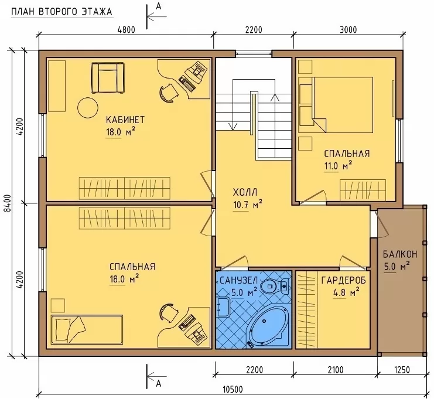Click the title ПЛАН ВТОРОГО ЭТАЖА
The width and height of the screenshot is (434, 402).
(x=61, y=12)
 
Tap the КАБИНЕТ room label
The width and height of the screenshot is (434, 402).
(x=125, y=120)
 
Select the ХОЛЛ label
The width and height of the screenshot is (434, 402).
(x=245, y=192)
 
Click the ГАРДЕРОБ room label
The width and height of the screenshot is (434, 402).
(x=343, y=280)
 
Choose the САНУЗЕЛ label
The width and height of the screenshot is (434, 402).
(x=238, y=280)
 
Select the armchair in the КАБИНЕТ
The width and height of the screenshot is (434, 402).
(x=108, y=78)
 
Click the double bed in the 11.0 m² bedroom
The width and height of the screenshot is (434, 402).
(x=336, y=105)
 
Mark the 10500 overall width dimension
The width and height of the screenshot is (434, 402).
(x=233, y=389)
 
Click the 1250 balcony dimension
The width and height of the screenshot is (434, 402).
(x=401, y=370)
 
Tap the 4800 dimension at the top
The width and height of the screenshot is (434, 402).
(x=126, y=29)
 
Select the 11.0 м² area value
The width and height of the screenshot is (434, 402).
(x=338, y=166)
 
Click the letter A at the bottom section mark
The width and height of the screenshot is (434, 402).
(x=159, y=383)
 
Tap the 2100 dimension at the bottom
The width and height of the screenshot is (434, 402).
(x=335, y=370)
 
